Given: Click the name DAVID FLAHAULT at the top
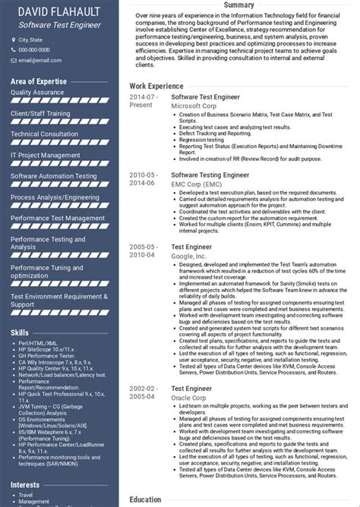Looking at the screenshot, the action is point(61,11).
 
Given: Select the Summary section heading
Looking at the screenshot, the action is point(238,5).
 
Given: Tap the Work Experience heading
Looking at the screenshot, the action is point(156,86).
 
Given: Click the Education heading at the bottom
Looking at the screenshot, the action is point(146,499).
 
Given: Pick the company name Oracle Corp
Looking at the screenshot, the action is point(189,397).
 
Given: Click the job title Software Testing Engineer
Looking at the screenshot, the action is point(210,174).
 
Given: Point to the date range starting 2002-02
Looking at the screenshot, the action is point(144,392).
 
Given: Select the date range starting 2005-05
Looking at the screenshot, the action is point(144,251).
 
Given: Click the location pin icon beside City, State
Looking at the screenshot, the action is point(13,39).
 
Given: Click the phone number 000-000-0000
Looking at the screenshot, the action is point(36,50).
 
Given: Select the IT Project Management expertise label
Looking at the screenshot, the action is point(46,156).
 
